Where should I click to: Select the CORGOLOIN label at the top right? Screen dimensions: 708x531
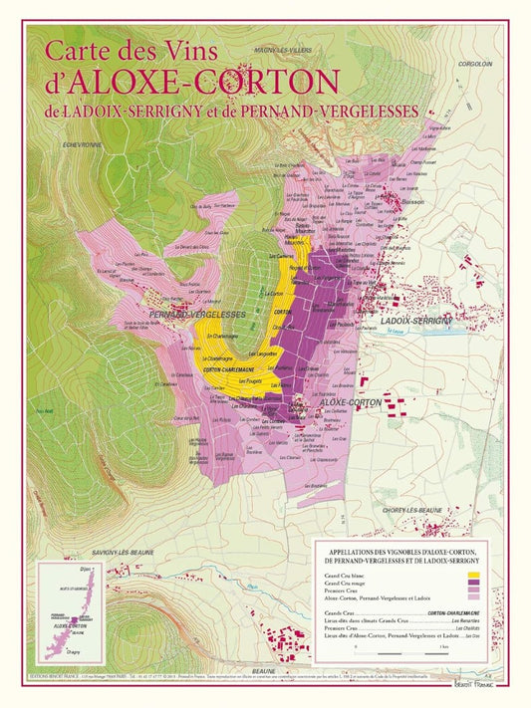click(475, 63)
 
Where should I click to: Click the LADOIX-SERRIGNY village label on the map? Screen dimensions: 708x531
click(417, 320)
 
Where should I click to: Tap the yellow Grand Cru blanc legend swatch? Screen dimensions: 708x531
click(473, 577)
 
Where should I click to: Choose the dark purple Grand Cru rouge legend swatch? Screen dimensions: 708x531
click(473, 585)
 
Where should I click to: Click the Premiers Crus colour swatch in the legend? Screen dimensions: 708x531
click(473, 592)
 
